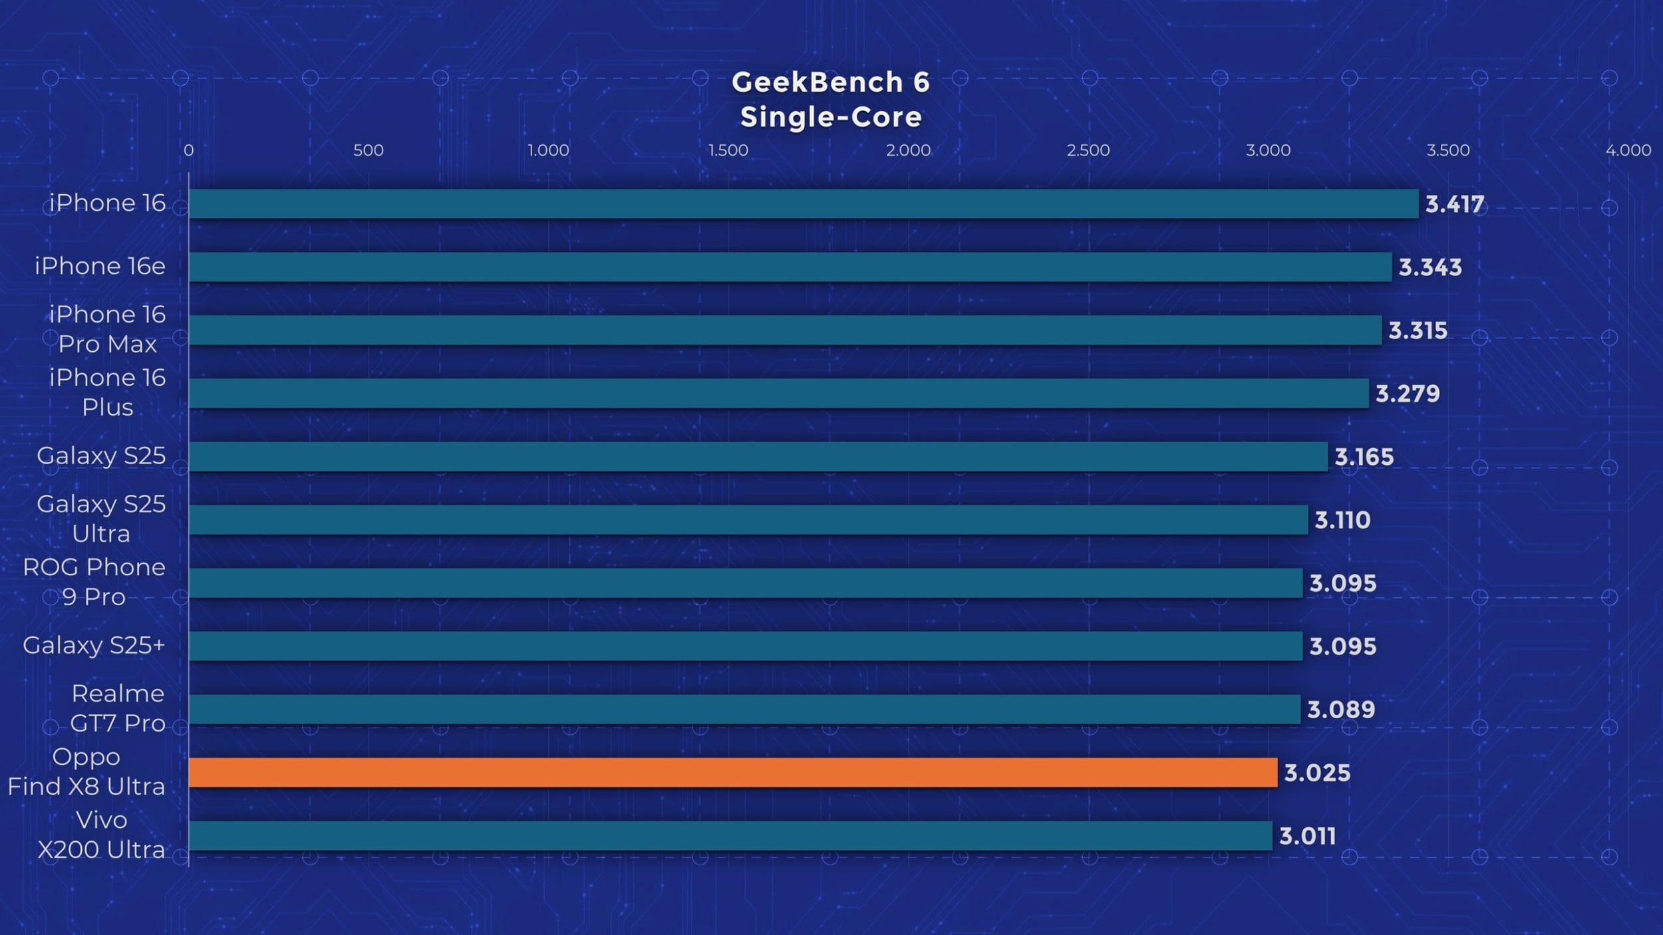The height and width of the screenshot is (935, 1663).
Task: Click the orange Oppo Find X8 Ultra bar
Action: pos(732,772)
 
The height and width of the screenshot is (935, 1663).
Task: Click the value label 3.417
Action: pos(1454,204)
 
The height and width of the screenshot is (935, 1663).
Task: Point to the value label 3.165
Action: pos(1364,457)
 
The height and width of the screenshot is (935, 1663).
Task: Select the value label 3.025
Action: pos(1316,773)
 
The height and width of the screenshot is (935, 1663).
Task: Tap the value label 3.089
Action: pos(1340,710)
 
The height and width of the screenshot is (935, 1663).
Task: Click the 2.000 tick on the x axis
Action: pos(908,150)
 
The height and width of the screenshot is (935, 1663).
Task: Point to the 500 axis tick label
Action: pos(368,150)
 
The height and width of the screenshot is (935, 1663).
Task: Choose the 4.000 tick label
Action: pos(1628,150)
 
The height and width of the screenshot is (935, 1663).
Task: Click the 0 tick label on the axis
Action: pos(189,150)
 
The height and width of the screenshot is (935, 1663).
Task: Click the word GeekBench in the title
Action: pos(817,82)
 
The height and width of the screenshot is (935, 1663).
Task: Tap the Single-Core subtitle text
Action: pos(831,117)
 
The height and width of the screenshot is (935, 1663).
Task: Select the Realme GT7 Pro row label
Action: pos(118,708)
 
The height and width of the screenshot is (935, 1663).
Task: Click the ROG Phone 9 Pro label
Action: pos(94,582)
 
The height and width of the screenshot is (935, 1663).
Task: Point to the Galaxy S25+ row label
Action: pos(94,645)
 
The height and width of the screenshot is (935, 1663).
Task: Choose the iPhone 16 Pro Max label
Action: pos(107,329)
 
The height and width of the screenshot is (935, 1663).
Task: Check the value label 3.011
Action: pos(1307,836)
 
